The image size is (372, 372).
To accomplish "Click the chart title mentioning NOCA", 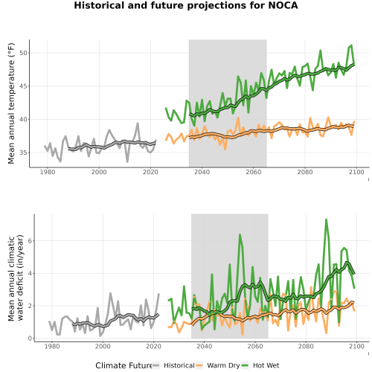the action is click(186, 5).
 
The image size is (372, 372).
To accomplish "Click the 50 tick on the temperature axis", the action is click(24, 53).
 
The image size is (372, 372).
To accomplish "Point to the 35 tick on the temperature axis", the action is click(24, 153).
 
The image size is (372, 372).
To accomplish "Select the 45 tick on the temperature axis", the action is click(24, 86).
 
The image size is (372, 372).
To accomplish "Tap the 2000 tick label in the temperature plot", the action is click(99, 172).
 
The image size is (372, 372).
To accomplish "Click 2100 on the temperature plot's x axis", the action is click(356, 172).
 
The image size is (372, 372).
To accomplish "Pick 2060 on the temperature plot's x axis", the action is click(254, 172).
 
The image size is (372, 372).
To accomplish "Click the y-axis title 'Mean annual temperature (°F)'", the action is click(11, 103).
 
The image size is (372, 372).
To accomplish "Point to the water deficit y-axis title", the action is click(16, 278).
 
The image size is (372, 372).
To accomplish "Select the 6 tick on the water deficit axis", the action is click(30, 241).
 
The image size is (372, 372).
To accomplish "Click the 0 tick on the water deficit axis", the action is click(30, 339).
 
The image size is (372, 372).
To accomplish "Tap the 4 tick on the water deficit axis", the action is click(30, 273).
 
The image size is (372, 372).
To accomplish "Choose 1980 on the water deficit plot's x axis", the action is click(52, 346).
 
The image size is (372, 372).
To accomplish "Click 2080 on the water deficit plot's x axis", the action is click(306, 346).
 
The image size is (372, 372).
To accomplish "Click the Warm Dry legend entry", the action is click(218, 365).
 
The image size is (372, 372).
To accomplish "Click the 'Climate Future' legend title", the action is click(124, 365).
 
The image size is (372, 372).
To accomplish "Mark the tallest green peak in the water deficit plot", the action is click(326, 219).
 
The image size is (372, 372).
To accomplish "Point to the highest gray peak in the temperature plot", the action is click(138, 124).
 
